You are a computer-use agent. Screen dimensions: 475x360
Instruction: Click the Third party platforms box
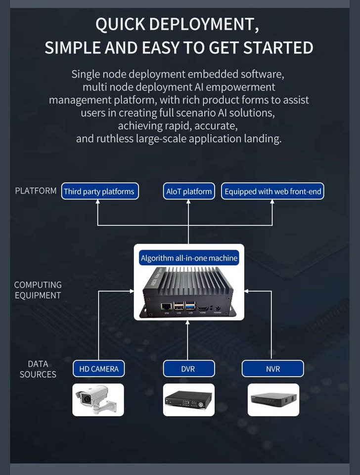tap(99, 191)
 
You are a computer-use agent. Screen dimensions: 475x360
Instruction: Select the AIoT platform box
tap(189, 191)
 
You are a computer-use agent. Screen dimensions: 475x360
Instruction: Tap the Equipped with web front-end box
tap(272, 191)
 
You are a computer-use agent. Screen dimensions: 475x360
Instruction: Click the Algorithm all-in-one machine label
tap(189, 258)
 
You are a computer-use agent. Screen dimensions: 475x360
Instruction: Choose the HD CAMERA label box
tap(98, 369)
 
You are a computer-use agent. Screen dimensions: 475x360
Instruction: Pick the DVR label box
tap(189, 369)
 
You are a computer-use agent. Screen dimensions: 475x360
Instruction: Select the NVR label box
tap(272, 369)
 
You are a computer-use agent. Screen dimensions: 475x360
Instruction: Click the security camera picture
tap(98, 399)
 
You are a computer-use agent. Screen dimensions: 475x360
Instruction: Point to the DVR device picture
tap(189, 399)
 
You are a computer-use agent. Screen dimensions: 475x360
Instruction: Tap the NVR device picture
tap(273, 399)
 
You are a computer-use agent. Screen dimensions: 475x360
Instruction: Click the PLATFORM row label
tap(36, 191)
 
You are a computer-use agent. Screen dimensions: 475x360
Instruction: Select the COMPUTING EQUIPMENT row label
tap(38, 290)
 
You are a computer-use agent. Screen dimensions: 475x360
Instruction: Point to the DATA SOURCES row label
tap(38, 369)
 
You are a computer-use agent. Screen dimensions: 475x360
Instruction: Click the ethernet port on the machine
tap(167, 306)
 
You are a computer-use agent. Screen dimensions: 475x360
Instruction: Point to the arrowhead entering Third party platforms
tap(98, 202)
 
